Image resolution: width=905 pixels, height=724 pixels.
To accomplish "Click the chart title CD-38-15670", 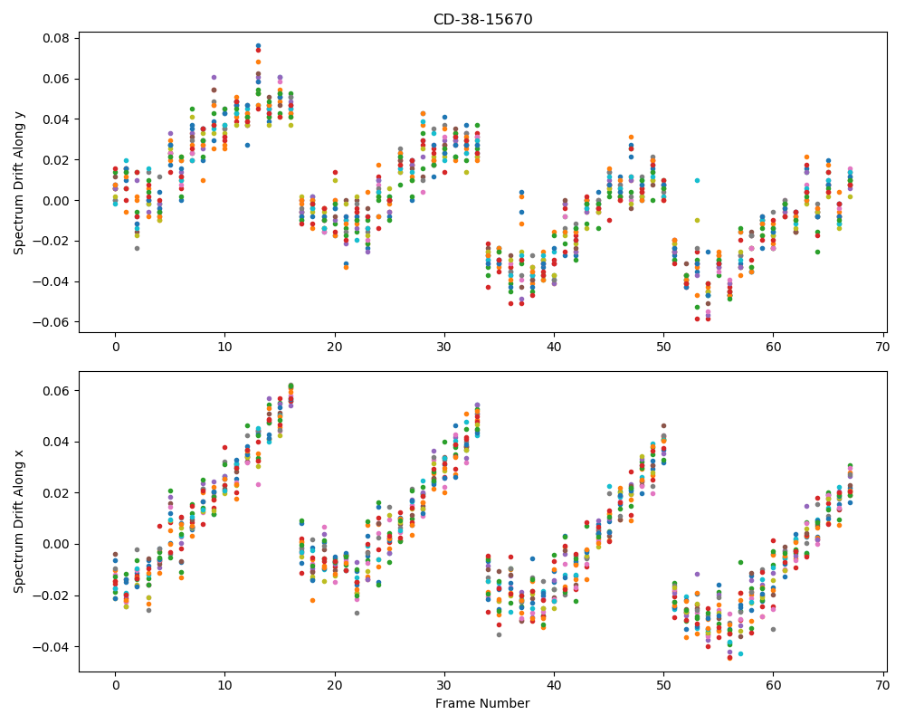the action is tap(482, 20).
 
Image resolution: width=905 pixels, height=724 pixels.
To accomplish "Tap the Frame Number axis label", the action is tap(482, 703).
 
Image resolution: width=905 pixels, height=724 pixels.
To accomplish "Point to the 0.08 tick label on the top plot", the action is tap(56, 39).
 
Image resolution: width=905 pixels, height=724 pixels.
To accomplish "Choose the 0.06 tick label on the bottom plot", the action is tap(56, 391).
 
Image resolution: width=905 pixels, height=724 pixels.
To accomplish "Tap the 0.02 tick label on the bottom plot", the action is tap(56, 493).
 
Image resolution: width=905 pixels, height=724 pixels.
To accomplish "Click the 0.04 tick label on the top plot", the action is tap(56, 119).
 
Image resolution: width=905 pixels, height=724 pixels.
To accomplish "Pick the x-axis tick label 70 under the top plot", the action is tap(883, 347).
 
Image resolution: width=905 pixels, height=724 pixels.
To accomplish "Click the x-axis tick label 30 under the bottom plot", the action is tap(444, 686).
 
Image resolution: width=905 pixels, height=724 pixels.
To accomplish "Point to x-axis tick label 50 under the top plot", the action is tap(663, 347).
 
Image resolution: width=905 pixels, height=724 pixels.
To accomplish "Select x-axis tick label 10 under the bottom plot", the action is tap(225, 686).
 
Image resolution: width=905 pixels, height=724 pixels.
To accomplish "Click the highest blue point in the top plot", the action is tap(258, 45).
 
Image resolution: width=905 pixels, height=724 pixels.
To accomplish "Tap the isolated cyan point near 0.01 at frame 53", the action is tap(697, 181).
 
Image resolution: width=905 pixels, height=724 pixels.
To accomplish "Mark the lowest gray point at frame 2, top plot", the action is tap(138, 248).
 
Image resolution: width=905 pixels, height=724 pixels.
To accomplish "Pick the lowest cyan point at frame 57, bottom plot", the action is tap(741, 653).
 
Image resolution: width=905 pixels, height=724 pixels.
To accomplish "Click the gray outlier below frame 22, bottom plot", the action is tap(357, 613).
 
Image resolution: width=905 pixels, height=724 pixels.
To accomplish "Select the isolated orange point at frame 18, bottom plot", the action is tap(313, 600).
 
